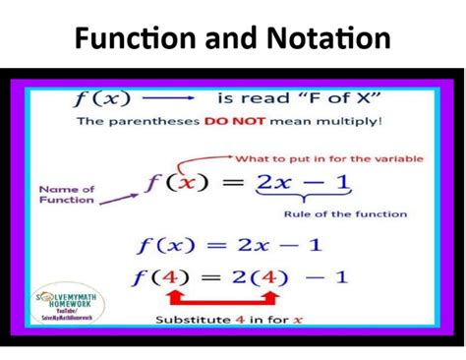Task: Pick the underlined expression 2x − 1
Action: click(x=304, y=183)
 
